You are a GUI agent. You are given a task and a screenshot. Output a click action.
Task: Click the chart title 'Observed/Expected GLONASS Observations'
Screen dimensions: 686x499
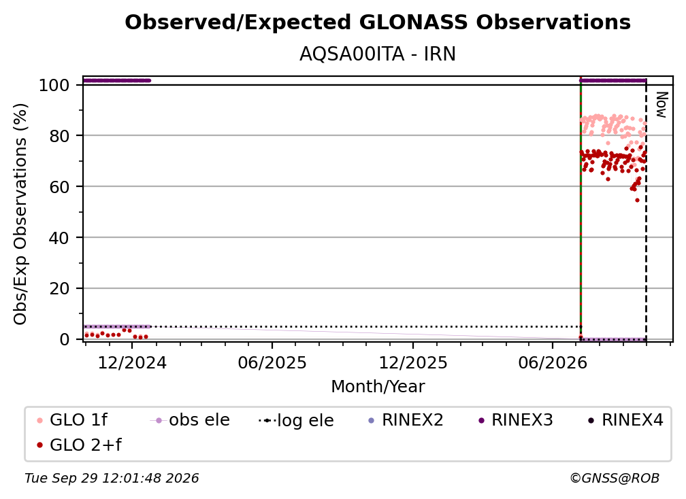click(378, 22)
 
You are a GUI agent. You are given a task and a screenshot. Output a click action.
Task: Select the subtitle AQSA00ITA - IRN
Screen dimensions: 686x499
click(378, 54)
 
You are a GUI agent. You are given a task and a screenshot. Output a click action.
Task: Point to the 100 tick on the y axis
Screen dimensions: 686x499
click(54, 85)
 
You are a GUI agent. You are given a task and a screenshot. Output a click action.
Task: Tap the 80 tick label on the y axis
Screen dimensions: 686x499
click(59, 136)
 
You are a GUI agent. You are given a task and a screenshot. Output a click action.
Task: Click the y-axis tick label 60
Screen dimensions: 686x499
click(59, 186)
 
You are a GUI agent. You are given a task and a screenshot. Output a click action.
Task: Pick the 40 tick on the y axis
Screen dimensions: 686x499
click(59, 238)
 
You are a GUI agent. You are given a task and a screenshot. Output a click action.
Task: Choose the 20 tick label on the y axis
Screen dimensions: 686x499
click(59, 288)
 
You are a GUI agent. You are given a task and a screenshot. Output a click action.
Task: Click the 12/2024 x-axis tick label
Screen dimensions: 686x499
click(132, 362)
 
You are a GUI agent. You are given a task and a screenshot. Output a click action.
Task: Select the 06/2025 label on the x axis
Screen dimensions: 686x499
click(272, 362)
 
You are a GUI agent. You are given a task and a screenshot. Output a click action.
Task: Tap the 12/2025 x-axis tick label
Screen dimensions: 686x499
click(413, 362)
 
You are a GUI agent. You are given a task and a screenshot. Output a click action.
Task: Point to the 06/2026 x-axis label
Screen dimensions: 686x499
click(553, 362)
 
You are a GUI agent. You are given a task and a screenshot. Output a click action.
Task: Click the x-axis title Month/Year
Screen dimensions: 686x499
click(378, 386)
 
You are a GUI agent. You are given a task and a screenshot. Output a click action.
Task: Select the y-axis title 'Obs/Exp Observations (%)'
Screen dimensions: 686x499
click(20, 214)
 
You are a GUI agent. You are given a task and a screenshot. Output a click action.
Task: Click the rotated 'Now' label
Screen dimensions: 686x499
click(661, 105)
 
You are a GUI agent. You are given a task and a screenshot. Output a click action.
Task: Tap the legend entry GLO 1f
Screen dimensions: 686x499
click(73, 420)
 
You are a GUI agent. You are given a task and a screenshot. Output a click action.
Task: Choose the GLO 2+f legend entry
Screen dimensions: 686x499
click(80, 445)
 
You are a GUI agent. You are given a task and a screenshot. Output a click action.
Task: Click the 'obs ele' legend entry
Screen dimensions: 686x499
click(190, 420)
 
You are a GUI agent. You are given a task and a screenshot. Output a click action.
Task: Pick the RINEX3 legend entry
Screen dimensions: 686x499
click(516, 420)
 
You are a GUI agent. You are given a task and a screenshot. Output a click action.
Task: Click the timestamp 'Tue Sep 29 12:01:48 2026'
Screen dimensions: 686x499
click(112, 478)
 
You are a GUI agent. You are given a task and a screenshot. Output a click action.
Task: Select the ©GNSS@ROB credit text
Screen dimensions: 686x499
click(615, 478)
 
